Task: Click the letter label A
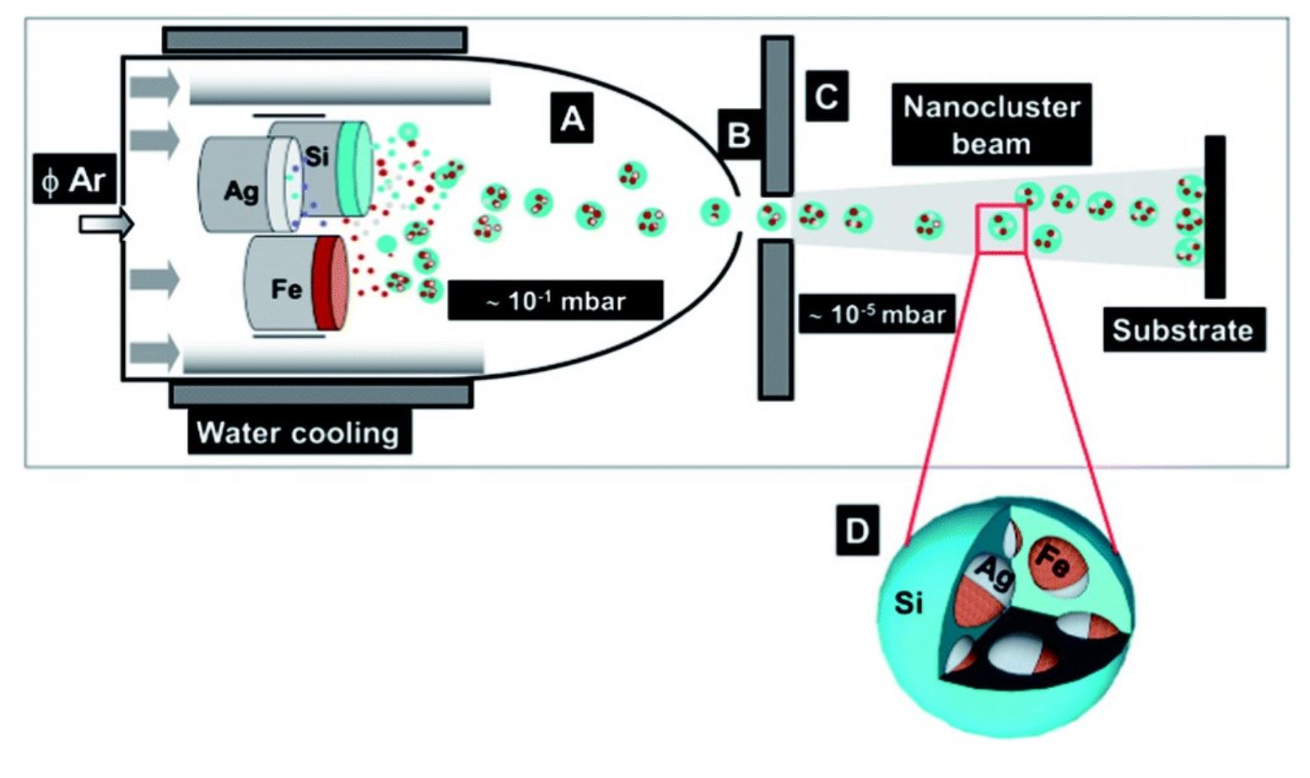571,118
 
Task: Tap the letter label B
738,134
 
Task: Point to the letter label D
856,530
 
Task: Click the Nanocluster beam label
991,124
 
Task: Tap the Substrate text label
1183,330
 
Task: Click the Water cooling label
298,432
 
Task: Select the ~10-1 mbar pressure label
555,301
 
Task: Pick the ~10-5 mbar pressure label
876,315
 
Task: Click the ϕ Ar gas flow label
73,180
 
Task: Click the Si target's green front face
353,167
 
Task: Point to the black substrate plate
1214,217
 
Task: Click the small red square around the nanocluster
1000,228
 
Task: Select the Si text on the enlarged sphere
908,603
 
